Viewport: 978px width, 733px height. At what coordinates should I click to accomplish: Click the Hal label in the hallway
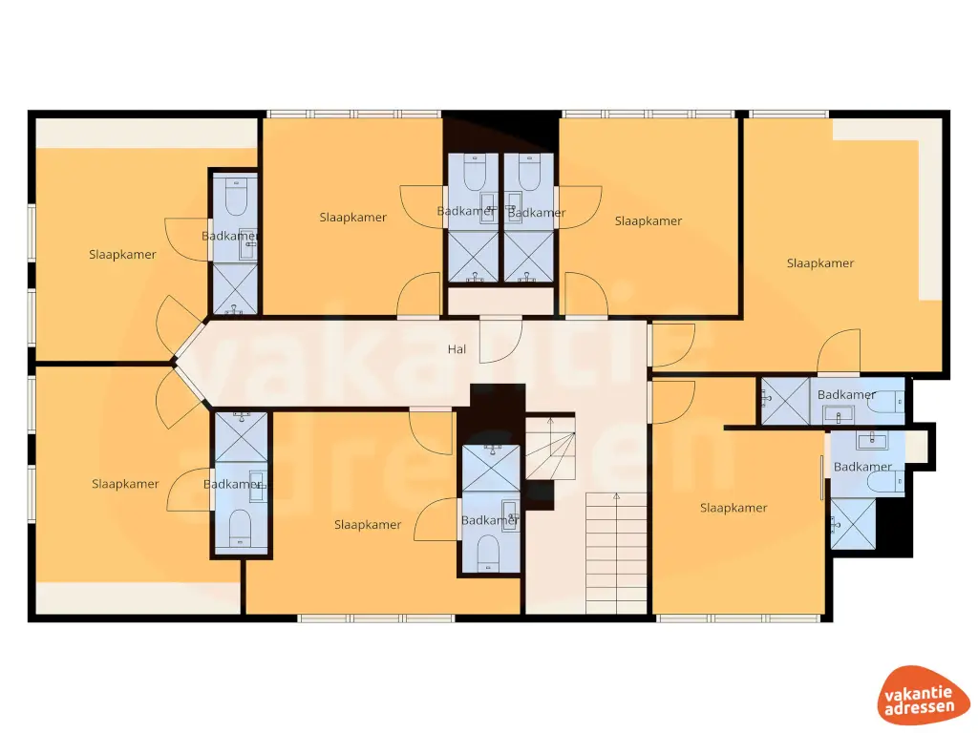457,349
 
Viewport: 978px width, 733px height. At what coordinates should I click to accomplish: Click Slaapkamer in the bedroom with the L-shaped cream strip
819,263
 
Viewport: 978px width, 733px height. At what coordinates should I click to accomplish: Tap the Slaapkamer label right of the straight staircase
733,508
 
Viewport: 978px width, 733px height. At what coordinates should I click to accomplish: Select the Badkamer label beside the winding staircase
490,520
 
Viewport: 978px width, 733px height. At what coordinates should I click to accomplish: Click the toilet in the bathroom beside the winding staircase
489,553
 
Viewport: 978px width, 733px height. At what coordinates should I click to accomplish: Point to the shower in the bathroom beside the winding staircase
491,469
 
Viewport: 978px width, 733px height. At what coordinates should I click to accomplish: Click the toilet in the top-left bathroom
235,198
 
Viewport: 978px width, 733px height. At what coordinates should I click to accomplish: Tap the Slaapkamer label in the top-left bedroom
122,255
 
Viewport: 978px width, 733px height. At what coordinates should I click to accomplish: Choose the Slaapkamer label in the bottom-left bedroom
125,484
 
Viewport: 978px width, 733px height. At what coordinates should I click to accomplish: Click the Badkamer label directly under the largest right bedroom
846,394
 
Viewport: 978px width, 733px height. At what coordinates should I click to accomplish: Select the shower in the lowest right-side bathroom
852,524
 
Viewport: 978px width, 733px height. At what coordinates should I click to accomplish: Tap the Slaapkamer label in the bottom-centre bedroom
368,525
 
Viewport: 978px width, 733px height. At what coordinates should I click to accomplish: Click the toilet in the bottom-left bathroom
240,528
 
